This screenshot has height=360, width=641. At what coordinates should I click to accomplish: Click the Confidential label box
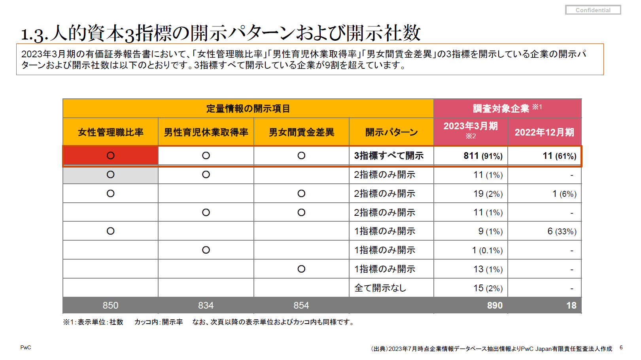(593, 10)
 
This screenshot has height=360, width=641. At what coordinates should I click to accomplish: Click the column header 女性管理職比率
(110, 132)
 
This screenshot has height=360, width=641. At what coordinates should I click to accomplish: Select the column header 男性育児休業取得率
(206, 132)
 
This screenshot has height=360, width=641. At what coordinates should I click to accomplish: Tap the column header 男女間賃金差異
(301, 132)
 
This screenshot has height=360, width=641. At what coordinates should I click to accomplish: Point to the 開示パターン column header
(391, 132)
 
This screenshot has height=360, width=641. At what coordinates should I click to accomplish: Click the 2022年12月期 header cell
(544, 132)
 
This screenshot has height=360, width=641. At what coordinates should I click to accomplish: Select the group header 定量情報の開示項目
(248, 108)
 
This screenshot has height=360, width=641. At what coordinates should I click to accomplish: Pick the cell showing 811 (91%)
(483, 156)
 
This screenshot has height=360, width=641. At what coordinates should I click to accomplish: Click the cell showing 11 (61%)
(559, 156)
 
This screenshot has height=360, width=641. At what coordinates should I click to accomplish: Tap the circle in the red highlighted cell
(110, 156)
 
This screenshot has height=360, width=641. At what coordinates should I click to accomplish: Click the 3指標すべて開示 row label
(389, 156)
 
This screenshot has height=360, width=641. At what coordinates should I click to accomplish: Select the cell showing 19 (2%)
(488, 194)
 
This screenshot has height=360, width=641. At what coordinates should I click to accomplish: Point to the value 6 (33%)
(562, 231)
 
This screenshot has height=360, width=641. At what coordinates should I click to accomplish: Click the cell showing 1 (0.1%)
(487, 250)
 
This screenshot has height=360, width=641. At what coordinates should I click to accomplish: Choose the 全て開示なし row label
(380, 288)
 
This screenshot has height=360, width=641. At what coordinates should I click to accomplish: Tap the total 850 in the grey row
(110, 305)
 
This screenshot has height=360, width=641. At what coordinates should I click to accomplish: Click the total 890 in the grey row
(495, 305)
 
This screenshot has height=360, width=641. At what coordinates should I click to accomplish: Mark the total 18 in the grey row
(571, 305)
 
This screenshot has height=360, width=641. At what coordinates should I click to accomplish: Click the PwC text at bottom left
(26, 347)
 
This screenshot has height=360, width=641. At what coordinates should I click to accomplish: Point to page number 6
(621, 347)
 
